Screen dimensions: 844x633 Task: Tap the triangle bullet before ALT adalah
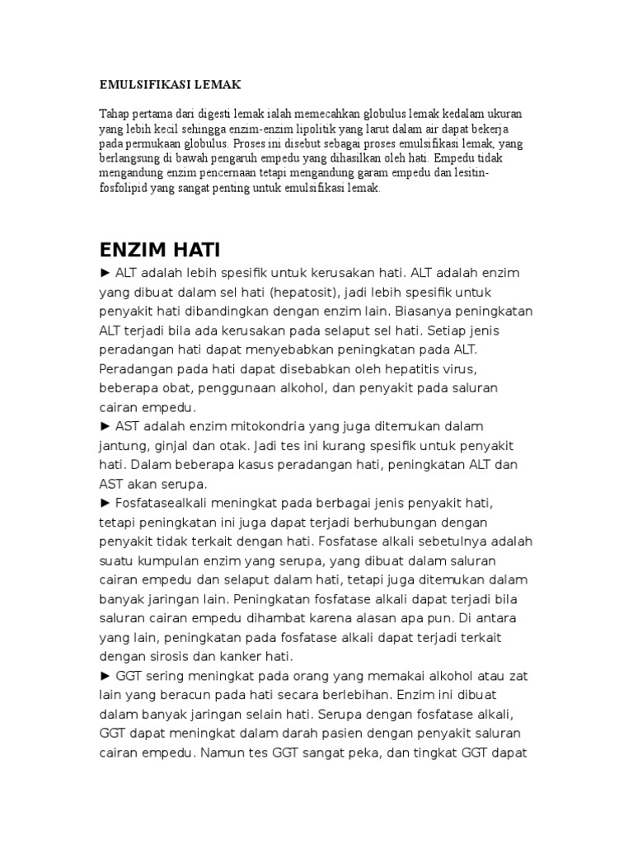click(105, 273)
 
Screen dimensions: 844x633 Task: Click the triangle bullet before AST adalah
click(105, 425)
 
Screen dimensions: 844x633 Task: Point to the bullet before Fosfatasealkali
click(105, 502)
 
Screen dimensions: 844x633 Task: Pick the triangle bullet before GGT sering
click(105, 676)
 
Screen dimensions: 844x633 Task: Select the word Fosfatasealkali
click(168, 502)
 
